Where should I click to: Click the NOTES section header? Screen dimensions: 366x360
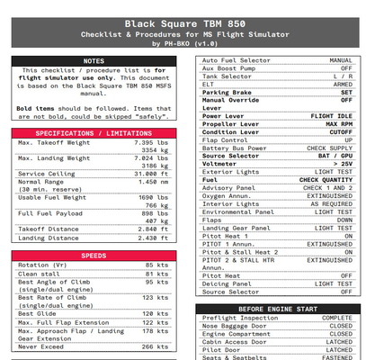click(94, 61)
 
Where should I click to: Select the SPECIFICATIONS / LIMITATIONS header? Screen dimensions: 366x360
click(94, 132)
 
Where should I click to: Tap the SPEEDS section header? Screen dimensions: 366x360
click(94, 256)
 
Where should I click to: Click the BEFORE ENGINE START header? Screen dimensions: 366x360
click(278, 309)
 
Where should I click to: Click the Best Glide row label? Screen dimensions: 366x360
click(37, 313)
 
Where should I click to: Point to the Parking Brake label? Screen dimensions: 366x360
click(227, 92)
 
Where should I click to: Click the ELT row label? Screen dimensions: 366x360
click(209, 84)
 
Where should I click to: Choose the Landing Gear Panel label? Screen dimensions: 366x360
click(237, 228)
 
